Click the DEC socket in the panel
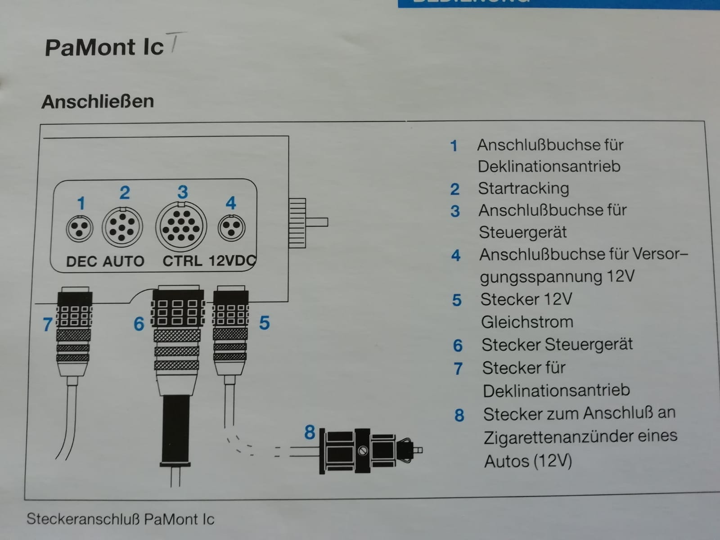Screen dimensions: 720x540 click(79, 229)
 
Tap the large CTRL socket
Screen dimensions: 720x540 click(181, 226)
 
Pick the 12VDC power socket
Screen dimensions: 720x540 click(231, 228)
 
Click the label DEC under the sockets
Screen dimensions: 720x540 click(81, 261)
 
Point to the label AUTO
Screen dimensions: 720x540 click(124, 261)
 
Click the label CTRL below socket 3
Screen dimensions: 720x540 click(182, 261)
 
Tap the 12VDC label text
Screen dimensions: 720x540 click(232, 261)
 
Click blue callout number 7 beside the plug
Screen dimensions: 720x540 click(48, 324)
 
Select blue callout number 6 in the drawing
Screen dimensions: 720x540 click(139, 324)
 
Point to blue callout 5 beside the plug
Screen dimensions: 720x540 click(265, 323)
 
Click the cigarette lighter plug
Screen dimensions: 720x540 click(371, 451)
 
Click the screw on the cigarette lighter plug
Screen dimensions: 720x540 click(362, 451)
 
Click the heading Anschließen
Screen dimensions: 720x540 click(98, 101)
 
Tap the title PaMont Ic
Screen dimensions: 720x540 click(104, 48)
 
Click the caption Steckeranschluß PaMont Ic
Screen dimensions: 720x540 click(121, 519)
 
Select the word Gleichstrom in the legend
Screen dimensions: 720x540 click(527, 322)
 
